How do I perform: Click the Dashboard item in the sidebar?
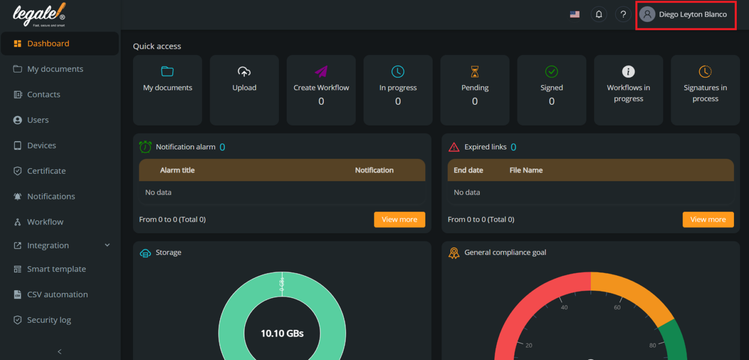tap(48, 43)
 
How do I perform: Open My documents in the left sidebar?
tap(55, 69)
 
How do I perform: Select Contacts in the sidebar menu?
tap(43, 94)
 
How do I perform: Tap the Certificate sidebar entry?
tap(46, 171)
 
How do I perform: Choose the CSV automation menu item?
tap(57, 294)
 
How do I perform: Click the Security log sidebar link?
tap(49, 320)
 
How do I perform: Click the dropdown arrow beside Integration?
tap(107, 245)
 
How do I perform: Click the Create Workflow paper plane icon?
tap(321, 72)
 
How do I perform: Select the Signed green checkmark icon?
tap(552, 72)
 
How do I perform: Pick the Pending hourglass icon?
tap(474, 72)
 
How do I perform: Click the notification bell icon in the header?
tap(599, 14)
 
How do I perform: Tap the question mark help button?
tap(623, 14)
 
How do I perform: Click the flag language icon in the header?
tap(575, 14)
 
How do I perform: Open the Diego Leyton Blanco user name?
tap(692, 14)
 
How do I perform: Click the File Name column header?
tap(526, 170)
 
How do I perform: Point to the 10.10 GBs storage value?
tap(282, 334)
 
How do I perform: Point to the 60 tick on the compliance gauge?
tap(617, 307)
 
